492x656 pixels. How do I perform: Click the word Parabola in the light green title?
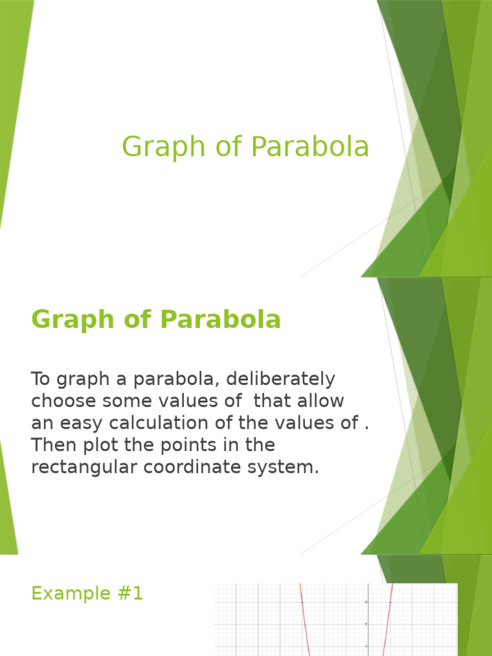[x=310, y=147]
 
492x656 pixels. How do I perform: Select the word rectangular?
[x=83, y=467]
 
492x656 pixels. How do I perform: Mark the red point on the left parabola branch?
[x=302, y=602]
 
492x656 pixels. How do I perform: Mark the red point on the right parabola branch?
[x=389, y=602]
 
